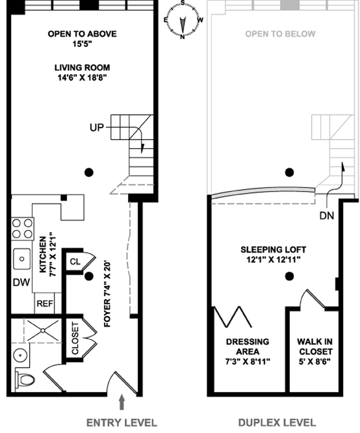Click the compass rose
[183, 20]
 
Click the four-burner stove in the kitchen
[22, 229]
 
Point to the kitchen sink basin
[22, 259]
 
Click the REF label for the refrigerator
[45, 304]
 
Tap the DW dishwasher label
[21, 282]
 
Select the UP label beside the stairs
[97, 127]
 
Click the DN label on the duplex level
[327, 215]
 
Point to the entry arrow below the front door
[122, 402]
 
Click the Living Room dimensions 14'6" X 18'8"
[82, 78]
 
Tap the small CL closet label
[75, 261]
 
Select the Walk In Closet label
[315, 347]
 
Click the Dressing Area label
[248, 347]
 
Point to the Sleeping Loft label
[274, 250]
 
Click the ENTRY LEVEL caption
[122, 423]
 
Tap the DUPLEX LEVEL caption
[277, 423]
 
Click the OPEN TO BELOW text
[280, 34]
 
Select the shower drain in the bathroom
[43, 330]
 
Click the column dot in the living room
[88, 172]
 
